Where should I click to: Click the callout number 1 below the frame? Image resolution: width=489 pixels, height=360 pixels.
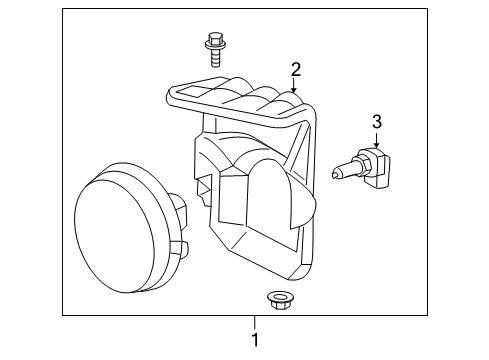(255, 341)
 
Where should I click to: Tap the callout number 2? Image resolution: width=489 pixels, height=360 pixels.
(296, 69)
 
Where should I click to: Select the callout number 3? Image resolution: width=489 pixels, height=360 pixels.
(376, 123)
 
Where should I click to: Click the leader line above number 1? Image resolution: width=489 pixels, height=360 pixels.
(255, 324)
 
